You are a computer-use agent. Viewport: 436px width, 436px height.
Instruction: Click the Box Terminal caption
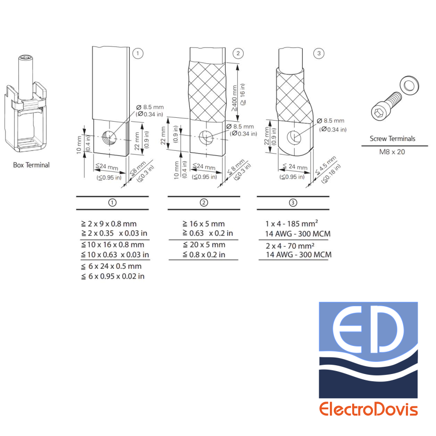[31, 165]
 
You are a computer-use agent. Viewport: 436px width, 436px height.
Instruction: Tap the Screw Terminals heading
[392, 139]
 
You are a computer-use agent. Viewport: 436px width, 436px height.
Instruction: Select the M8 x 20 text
[392, 151]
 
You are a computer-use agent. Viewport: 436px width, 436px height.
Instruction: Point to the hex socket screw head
[378, 112]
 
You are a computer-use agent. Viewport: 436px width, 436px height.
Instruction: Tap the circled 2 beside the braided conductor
[238, 54]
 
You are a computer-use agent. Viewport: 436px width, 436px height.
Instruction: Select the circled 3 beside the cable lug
[318, 54]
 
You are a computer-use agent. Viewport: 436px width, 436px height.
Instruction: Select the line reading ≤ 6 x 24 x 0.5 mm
[111, 266]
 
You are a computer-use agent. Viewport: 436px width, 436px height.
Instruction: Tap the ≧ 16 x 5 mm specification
[203, 224]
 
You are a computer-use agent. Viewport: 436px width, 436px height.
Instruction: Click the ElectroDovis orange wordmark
[368, 409]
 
